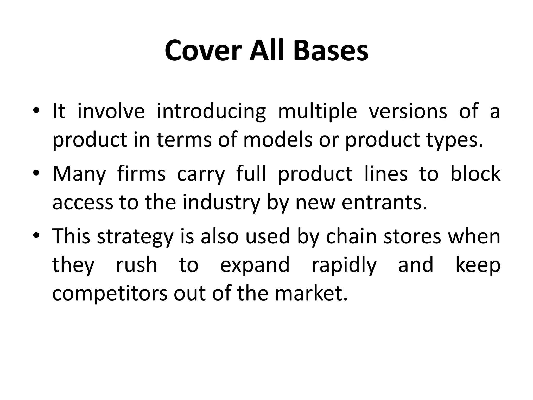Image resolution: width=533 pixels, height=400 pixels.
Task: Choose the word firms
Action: tap(141, 174)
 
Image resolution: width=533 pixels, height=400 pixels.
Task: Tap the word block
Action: tap(475, 174)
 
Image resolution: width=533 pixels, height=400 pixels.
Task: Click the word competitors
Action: tap(110, 294)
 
